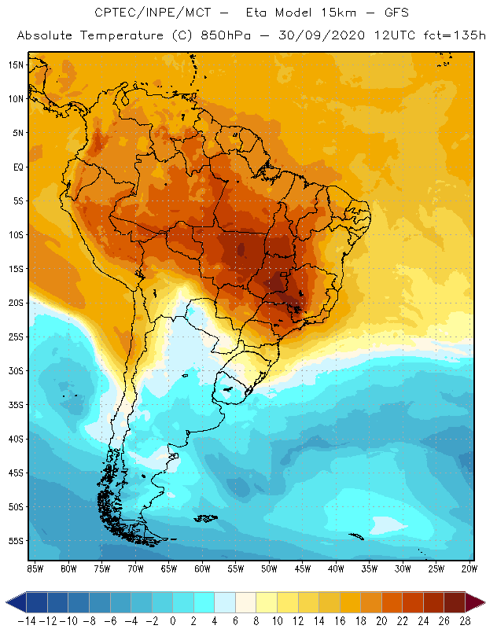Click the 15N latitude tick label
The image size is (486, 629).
(x=15, y=64)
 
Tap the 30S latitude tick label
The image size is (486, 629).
(x=15, y=370)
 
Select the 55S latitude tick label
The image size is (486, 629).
(x=15, y=541)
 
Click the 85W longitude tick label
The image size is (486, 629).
(x=35, y=568)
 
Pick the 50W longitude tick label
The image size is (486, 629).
(x=270, y=568)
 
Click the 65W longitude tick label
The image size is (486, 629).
(x=169, y=568)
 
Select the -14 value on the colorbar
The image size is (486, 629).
(x=27, y=620)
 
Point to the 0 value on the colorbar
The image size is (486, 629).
(x=173, y=620)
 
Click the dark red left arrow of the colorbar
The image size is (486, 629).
(x=475, y=602)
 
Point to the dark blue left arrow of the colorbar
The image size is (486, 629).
(x=14, y=602)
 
